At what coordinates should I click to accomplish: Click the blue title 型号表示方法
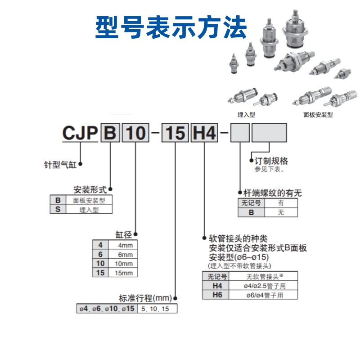171,27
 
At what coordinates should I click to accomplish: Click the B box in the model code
110,133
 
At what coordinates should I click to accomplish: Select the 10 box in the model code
135,133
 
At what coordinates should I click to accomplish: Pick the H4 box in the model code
205,133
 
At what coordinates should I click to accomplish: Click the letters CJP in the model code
80,133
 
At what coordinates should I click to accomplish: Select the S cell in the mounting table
58,209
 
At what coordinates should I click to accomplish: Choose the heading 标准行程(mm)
146,298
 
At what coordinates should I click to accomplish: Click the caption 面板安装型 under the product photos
318,115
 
